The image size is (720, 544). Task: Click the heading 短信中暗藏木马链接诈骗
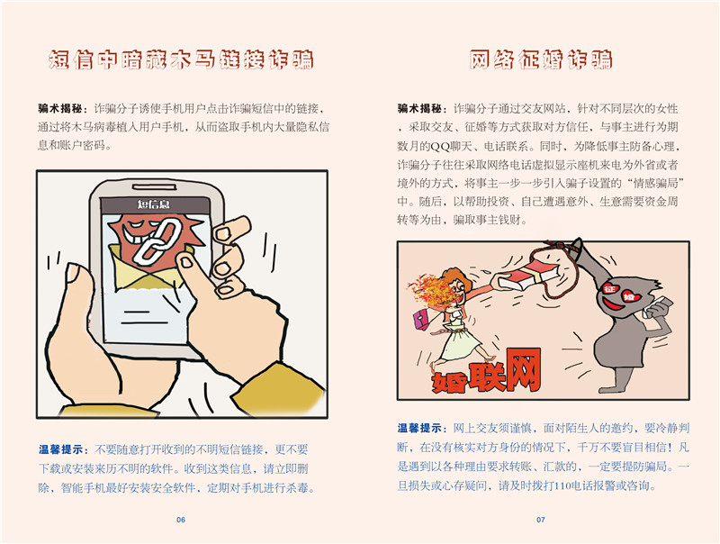coord(181,59)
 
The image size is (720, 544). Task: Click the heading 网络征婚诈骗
coord(541,59)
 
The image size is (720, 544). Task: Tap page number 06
coord(181,520)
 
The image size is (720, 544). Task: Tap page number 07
coord(541,520)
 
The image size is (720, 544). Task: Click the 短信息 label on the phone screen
coord(153,204)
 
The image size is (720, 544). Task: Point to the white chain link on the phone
coord(155,241)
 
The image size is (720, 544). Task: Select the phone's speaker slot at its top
coord(153,186)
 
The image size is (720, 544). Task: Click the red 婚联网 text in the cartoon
coord(487,372)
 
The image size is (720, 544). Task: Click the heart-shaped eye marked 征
coord(609,288)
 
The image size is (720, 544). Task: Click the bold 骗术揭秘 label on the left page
coord(60,109)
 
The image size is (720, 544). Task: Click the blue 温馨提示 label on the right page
coord(420,428)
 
